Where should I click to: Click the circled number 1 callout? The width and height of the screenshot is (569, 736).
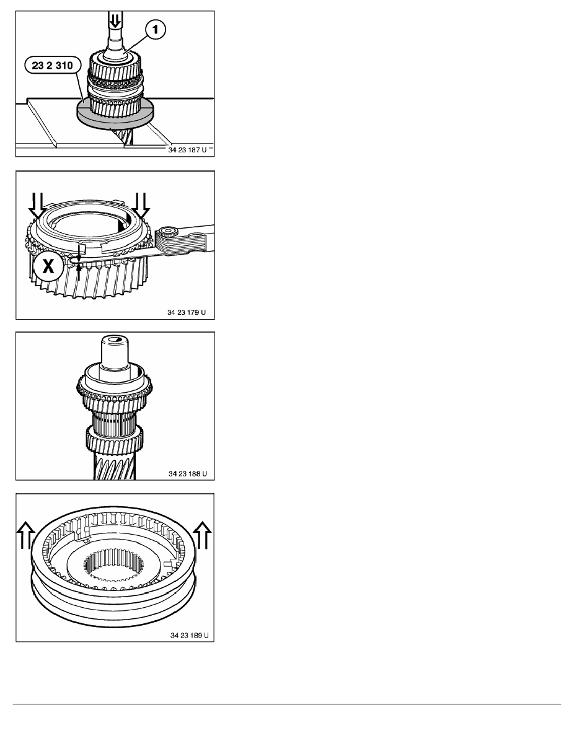[x=156, y=30]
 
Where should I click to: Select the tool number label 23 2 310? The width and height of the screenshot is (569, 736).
[x=53, y=65]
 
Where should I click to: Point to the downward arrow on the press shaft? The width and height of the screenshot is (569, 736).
[x=115, y=20]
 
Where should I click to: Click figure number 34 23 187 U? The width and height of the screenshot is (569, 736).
[x=187, y=150]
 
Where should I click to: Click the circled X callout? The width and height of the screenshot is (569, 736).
[x=48, y=266]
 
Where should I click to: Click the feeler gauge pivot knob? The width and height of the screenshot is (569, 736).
[x=167, y=234]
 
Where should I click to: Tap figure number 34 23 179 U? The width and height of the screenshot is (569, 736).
[x=187, y=312]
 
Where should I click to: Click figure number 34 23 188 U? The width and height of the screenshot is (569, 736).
[x=188, y=473]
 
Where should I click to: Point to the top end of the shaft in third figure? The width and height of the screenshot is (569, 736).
[x=115, y=338]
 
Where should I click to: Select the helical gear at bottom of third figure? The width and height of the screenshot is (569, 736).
[x=115, y=466]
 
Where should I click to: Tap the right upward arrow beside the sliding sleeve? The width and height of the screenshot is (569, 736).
[x=203, y=535]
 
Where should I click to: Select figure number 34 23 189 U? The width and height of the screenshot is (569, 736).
[x=189, y=636]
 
